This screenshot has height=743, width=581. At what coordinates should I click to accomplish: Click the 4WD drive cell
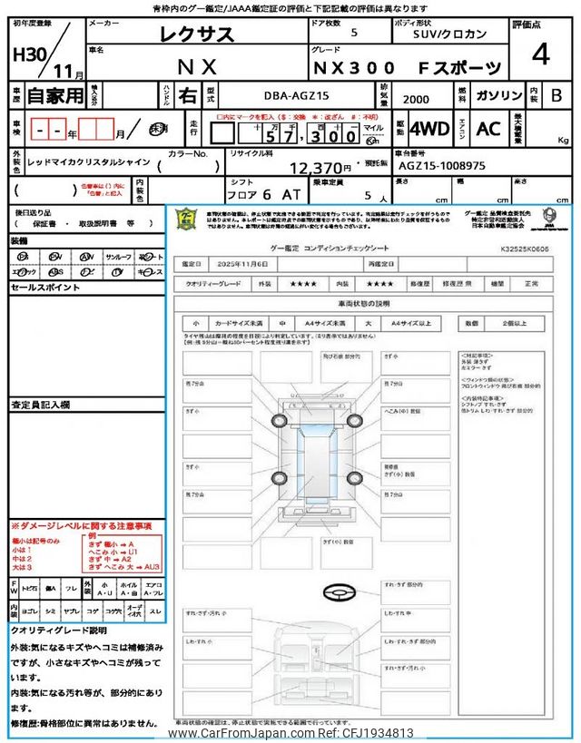tap(429, 129)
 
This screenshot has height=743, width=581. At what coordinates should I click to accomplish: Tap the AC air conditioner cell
tap(488, 129)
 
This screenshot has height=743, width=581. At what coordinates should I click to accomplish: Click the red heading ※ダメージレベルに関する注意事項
tap(81, 526)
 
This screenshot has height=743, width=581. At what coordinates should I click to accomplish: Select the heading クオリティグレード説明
tap(58, 630)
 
